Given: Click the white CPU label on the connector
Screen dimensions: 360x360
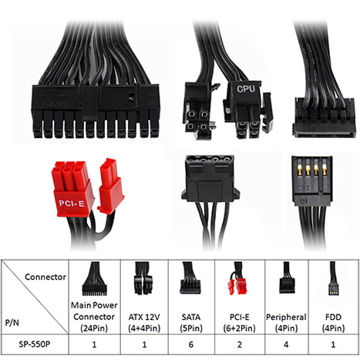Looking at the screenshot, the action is coord(246,89).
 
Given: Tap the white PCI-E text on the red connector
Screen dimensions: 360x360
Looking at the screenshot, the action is coord(72,204).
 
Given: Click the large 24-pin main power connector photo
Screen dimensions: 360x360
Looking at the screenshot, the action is coord(96,111).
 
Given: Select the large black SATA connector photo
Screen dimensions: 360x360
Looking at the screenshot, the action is coord(325,117).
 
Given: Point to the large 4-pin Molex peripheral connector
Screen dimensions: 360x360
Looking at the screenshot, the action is coord(210,179).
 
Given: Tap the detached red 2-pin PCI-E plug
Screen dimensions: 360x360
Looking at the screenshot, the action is coord(110,187).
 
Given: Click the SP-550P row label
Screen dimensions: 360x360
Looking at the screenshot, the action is coord(35,344).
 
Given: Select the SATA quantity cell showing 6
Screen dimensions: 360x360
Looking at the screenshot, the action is coord(191,345).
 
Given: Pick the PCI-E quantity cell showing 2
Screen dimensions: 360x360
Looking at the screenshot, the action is coord(240,345).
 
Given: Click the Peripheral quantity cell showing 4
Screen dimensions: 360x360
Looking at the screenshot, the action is coord(286,345).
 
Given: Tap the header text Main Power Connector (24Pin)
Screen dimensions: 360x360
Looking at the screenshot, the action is coord(94,317).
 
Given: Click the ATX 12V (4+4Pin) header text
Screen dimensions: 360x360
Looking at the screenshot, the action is coord(144,322).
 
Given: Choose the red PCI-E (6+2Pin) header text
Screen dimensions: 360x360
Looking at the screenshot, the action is coord(239,322).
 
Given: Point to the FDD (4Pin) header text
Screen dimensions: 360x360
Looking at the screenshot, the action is coord(333,322).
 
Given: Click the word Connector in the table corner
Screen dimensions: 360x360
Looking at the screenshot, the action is coord(45,277).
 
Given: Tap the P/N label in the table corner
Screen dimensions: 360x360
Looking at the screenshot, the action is coord(12,322).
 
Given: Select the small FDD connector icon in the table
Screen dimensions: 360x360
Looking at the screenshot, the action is coord(333,278).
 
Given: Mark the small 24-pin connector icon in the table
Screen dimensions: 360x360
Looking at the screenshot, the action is coord(94,278).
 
